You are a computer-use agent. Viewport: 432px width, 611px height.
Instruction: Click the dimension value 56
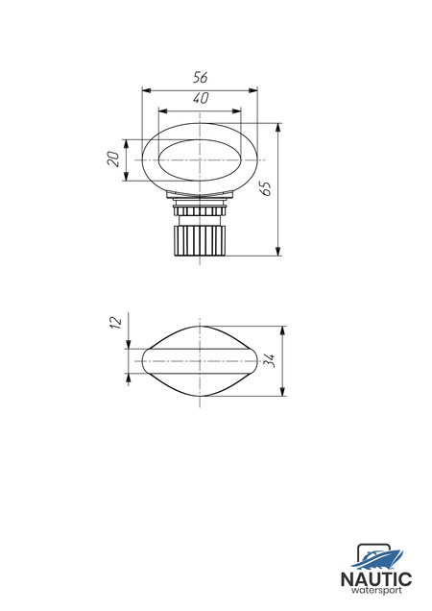point(201,78)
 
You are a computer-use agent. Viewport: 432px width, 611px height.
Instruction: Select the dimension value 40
point(201,98)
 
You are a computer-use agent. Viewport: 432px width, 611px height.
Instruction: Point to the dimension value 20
point(113,159)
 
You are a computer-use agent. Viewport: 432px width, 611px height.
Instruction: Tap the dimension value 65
point(267,188)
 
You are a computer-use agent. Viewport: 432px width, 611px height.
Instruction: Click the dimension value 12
point(116,322)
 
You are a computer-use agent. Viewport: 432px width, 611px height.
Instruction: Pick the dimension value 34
point(270,360)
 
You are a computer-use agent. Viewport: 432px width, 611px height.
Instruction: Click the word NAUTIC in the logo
point(376,579)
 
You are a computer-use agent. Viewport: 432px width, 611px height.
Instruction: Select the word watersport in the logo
point(376,591)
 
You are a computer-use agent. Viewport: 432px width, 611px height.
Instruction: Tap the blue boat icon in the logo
point(376,559)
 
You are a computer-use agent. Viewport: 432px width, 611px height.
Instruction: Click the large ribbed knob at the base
point(200,240)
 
